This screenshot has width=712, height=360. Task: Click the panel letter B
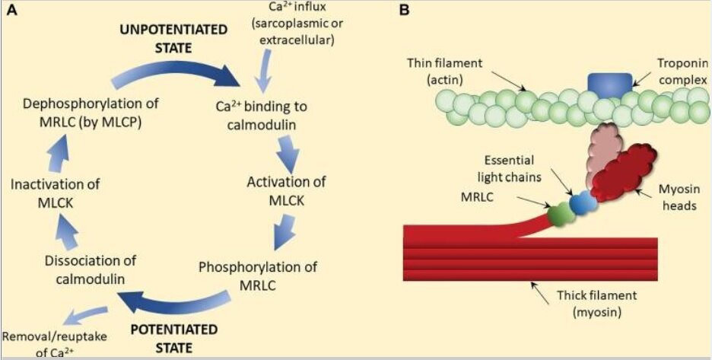click(404, 10)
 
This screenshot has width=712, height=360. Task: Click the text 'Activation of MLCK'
click(287, 190)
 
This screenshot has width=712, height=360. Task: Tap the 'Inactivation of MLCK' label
click(56, 192)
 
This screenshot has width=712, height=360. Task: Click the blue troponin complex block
click(609, 85)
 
